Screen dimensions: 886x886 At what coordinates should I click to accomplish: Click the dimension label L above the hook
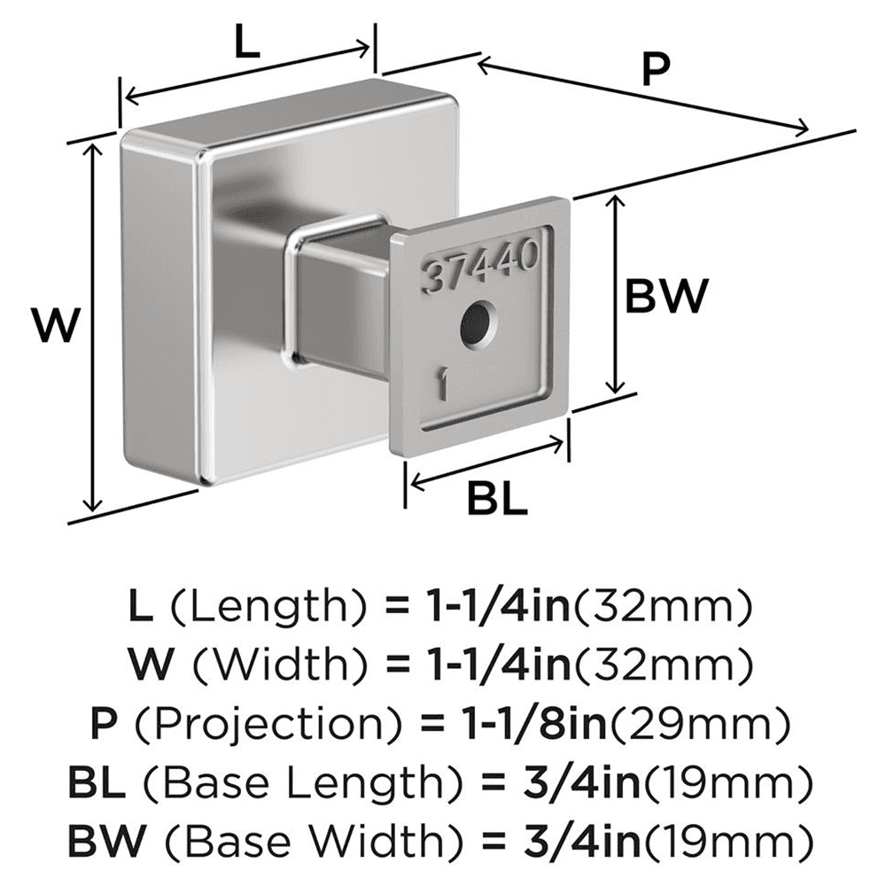coord(249,43)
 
